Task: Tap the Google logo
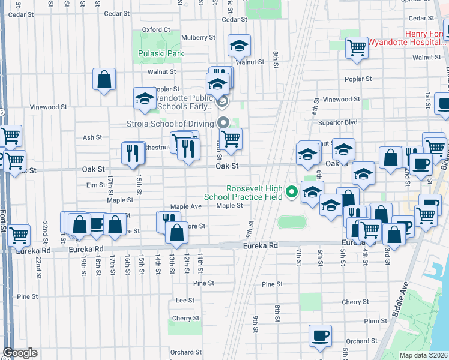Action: point(20,353)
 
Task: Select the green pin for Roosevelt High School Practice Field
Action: point(292,192)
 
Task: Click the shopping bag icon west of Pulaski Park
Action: point(104,79)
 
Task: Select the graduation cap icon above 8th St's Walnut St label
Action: point(239,45)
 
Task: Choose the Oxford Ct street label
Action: point(156,29)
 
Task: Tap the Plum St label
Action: point(375,322)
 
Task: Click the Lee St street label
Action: point(185,300)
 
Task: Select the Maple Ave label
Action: point(186,206)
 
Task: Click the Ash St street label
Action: point(92,137)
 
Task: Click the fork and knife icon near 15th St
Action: point(133,152)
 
